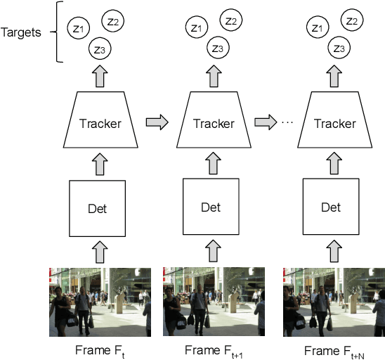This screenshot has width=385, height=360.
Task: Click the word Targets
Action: click(x=21, y=32)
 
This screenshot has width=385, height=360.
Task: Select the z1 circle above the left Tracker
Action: click(x=78, y=28)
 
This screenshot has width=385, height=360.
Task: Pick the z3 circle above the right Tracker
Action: click(x=339, y=49)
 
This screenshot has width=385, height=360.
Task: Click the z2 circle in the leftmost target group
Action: click(x=113, y=21)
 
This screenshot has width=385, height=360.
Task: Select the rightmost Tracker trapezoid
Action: click(x=334, y=124)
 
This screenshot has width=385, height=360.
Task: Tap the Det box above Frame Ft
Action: click(x=97, y=208)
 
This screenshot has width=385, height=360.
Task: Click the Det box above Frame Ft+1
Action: click(x=211, y=208)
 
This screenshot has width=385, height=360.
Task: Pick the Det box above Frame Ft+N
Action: click(x=330, y=208)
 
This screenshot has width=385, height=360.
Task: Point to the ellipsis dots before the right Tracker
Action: click(x=286, y=123)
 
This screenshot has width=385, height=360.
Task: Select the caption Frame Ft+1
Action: click(x=214, y=351)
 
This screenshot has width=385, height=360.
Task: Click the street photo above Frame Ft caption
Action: click(x=100, y=302)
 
